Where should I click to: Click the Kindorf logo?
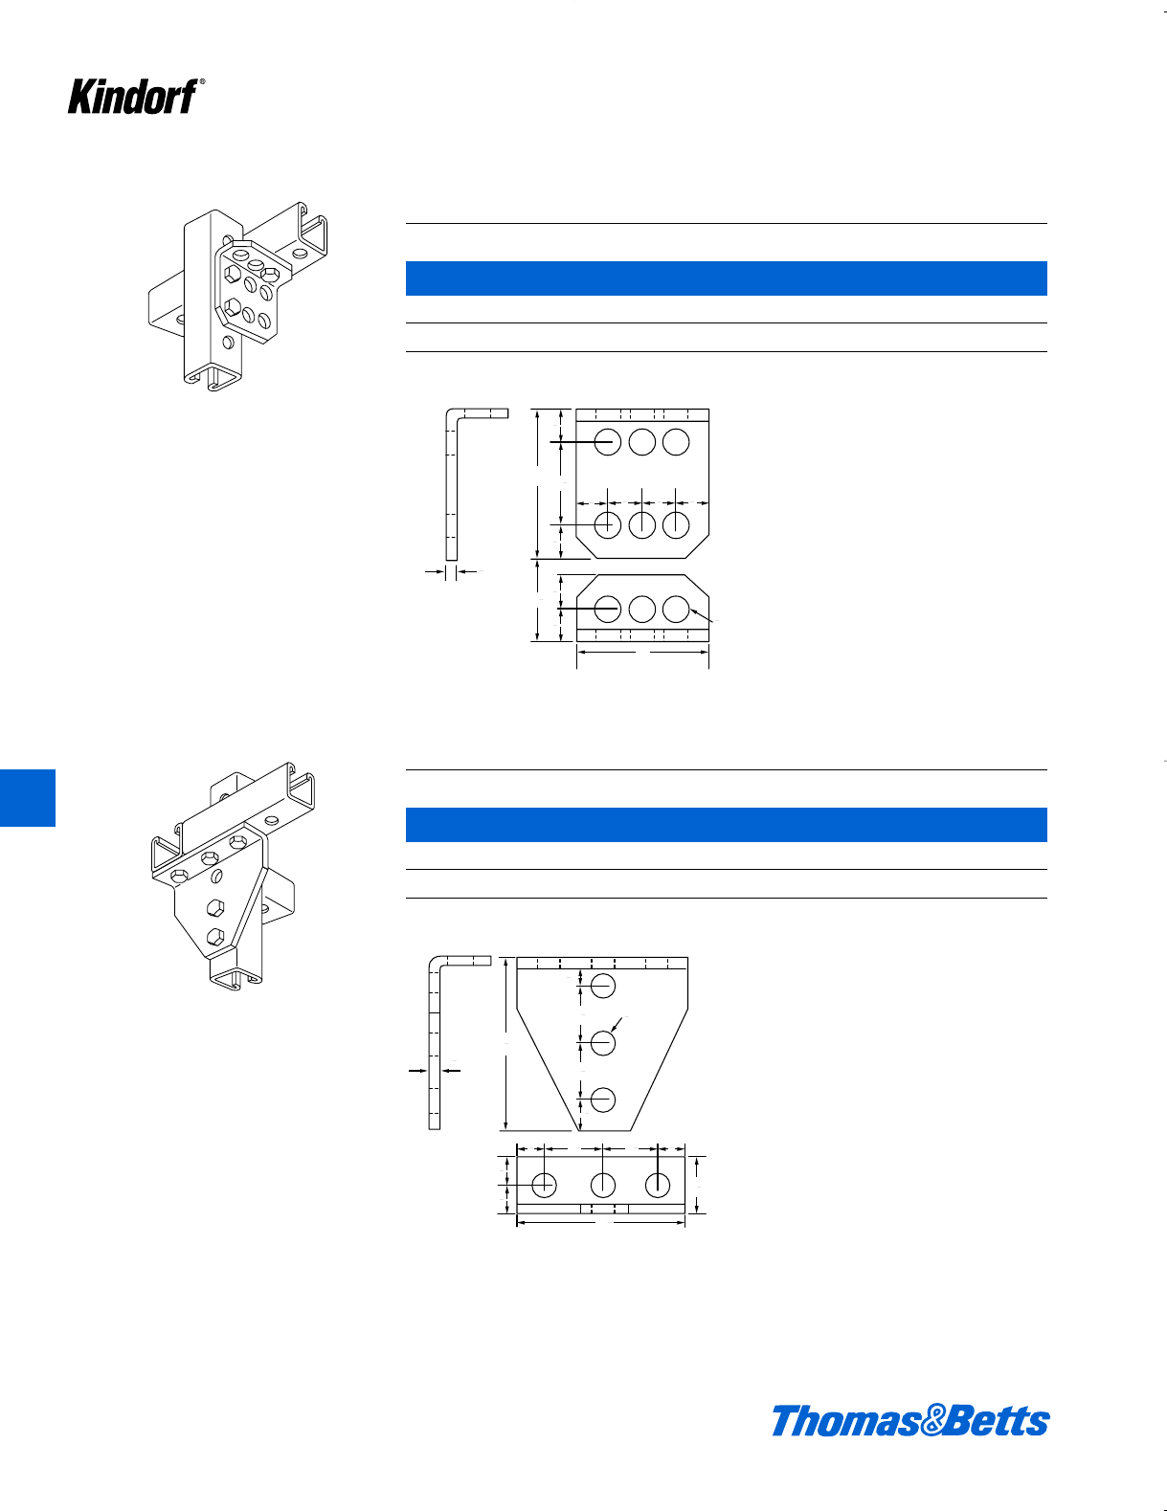coord(133,97)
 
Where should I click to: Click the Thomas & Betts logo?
coord(909,1420)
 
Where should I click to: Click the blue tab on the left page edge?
coord(27,797)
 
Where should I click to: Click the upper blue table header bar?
coord(726,278)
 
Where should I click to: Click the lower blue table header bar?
coord(726,825)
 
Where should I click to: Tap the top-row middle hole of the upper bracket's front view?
coord(641,442)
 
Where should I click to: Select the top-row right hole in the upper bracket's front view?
coord(676,442)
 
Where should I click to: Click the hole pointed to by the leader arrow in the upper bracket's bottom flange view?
coord(676,609)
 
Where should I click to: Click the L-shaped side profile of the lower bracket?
coord(436,1043)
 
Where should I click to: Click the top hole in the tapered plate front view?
coord(602,986)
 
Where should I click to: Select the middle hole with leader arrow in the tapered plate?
coord(602,1042)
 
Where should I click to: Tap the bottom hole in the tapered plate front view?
coord(602,1100)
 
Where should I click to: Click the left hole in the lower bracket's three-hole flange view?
coord(544,1185)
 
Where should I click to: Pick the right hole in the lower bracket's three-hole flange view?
coord(658,1185)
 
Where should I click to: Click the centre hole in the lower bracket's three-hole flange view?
coord(602,1185)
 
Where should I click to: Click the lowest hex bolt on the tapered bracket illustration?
coord(215,937)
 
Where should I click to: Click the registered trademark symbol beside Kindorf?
coord(202,82)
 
